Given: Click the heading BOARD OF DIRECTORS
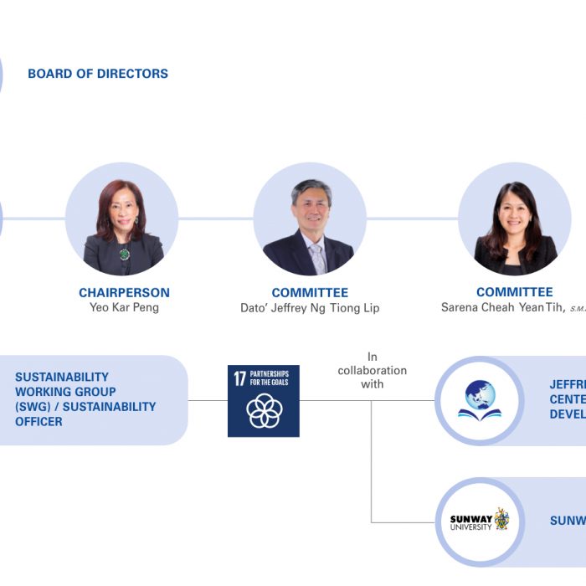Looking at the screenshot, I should [x=98, y=74].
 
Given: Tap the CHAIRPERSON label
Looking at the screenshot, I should [x=124, y=293].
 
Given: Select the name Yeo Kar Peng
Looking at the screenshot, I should [x=124, y=308].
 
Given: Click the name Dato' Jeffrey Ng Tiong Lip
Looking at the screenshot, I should [x=310, y=308].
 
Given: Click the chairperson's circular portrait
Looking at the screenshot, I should [x=122, y=219].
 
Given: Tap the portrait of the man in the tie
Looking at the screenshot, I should [x=310, y=219].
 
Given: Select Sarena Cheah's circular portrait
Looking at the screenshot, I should [x=514, y=219].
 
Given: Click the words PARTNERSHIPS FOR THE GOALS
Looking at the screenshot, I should [x=270, y=378].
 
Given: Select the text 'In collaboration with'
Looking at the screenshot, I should [x=373, y=370].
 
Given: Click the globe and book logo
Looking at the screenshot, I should [x=479, y=400].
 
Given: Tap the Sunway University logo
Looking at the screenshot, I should [x=479, y=521].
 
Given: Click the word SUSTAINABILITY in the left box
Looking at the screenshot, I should [x=62, y=377].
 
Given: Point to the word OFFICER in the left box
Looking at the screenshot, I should [x=39, y=422].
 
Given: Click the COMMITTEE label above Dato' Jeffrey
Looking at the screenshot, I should [x=310, y=293].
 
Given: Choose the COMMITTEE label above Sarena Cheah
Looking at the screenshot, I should [x=514, y=292].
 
